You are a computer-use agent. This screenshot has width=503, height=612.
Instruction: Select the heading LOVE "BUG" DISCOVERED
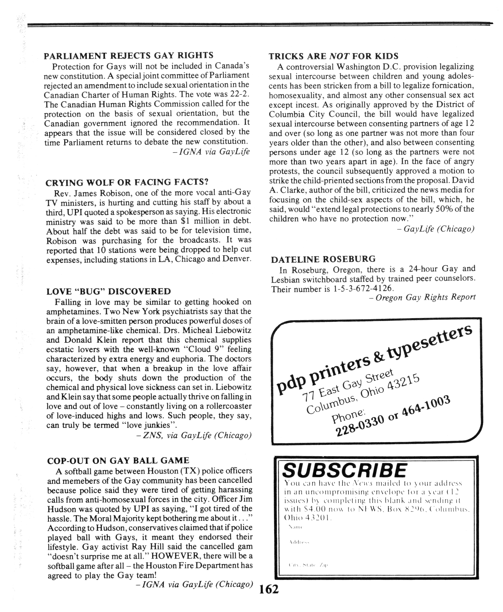[x=109, y=291]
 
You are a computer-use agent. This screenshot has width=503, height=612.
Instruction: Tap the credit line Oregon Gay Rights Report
[x=425, y=297]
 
